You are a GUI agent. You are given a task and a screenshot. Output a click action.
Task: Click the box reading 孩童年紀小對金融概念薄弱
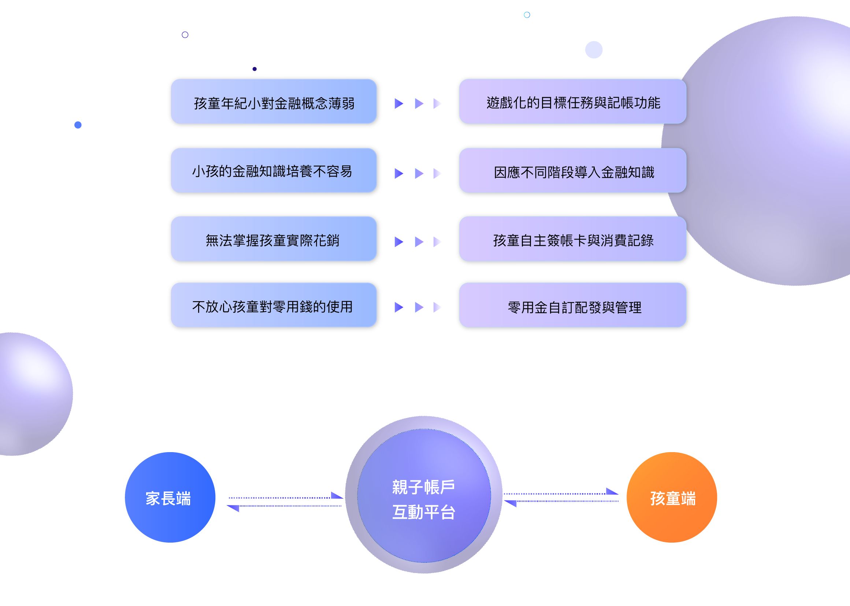274,102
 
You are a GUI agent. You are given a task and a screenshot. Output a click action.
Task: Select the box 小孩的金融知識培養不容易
274,171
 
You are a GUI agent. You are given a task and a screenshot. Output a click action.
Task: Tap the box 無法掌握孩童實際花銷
274,240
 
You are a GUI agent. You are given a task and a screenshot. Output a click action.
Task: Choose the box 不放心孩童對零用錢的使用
274,306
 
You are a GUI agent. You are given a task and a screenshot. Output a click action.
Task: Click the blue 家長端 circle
170,498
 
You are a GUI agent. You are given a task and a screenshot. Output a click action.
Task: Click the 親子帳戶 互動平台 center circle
424,495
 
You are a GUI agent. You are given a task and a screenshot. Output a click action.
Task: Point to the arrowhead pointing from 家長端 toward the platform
337,496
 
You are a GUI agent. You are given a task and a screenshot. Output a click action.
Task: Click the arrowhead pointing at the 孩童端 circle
612,491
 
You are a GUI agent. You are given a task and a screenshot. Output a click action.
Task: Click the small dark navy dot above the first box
255,69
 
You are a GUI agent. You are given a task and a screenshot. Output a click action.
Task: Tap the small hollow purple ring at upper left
185,35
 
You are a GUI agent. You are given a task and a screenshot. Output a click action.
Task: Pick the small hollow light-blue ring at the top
527,15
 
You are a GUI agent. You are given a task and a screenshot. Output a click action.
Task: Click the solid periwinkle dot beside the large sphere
594,49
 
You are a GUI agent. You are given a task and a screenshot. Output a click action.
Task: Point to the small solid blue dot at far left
78,125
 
